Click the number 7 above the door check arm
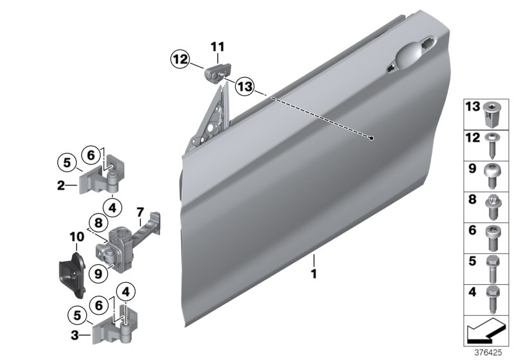[x=139, y=212]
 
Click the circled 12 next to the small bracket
[x=181, y=60]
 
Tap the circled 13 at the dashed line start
[x=245, y=85]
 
